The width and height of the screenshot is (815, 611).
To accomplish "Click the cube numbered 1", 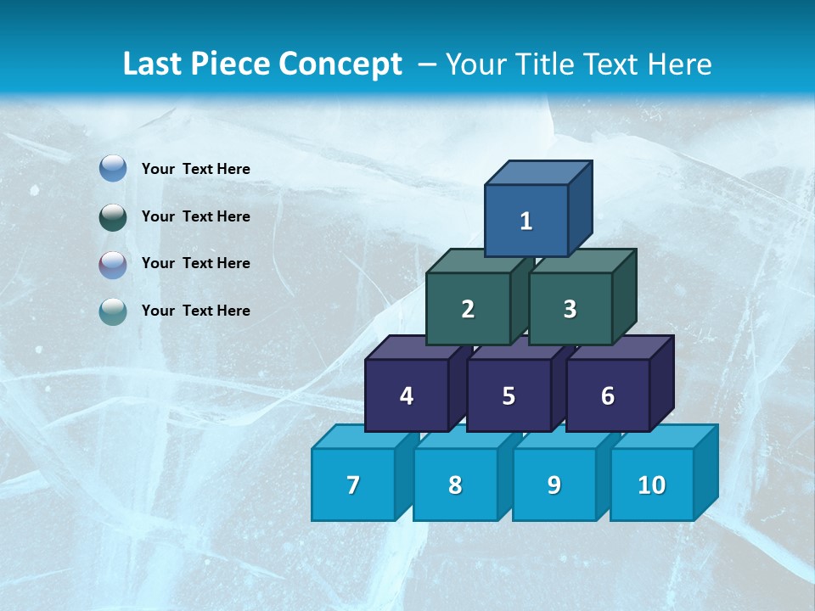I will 526,221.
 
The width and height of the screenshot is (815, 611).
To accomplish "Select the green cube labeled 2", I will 468,309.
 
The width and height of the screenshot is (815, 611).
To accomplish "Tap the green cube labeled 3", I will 570,309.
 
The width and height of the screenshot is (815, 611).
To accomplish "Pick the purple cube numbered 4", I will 407,395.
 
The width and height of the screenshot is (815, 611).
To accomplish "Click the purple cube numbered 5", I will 509,395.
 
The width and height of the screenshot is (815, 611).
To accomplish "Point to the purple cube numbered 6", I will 608,395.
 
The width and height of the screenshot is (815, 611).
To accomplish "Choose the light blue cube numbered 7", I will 353,485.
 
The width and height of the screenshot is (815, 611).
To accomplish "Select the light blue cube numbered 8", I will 455,485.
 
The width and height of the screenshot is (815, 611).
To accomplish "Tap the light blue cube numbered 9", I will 554,485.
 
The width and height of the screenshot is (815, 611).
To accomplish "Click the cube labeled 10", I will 651,485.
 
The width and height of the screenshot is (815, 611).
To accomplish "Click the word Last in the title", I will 154,64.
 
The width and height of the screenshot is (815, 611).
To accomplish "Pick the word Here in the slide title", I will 680,64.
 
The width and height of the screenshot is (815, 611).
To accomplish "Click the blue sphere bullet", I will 112,169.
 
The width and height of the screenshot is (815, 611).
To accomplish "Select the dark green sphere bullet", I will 112,216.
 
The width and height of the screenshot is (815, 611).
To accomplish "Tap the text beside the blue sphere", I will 195,169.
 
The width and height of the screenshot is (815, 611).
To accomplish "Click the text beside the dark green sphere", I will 195,216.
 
